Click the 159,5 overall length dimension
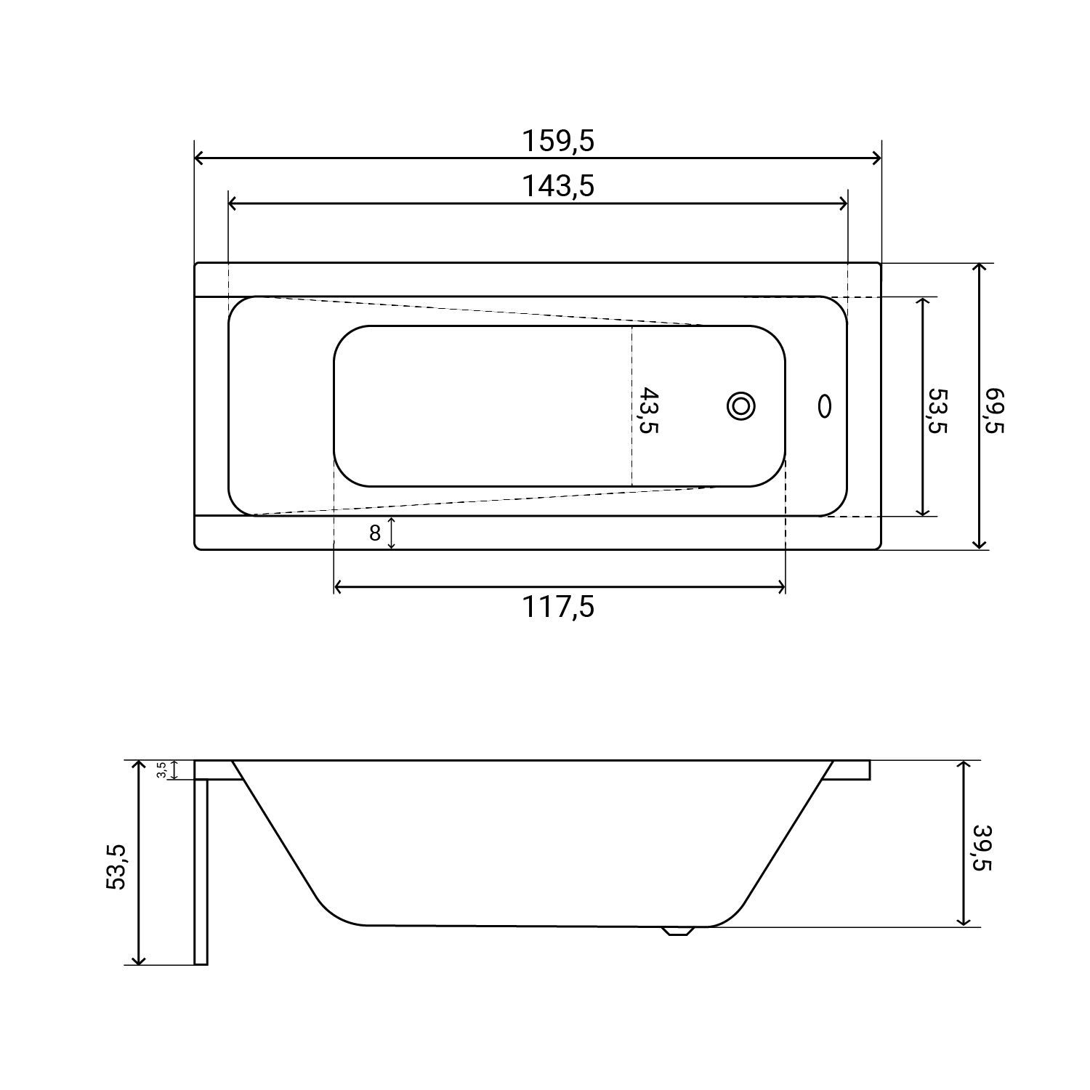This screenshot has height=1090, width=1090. tap(558, 141)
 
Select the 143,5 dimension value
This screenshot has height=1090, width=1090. tap(558, 187)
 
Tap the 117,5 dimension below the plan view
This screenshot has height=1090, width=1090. tap(558, 606)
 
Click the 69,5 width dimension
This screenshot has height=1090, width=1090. tap(993, 411)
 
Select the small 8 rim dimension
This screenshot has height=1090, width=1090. tap(375, 533)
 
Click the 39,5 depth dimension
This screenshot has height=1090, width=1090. tap(982, 847)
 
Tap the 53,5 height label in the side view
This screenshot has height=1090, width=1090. tap(116, 866)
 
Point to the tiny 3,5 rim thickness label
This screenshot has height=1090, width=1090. tap(162, 770)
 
